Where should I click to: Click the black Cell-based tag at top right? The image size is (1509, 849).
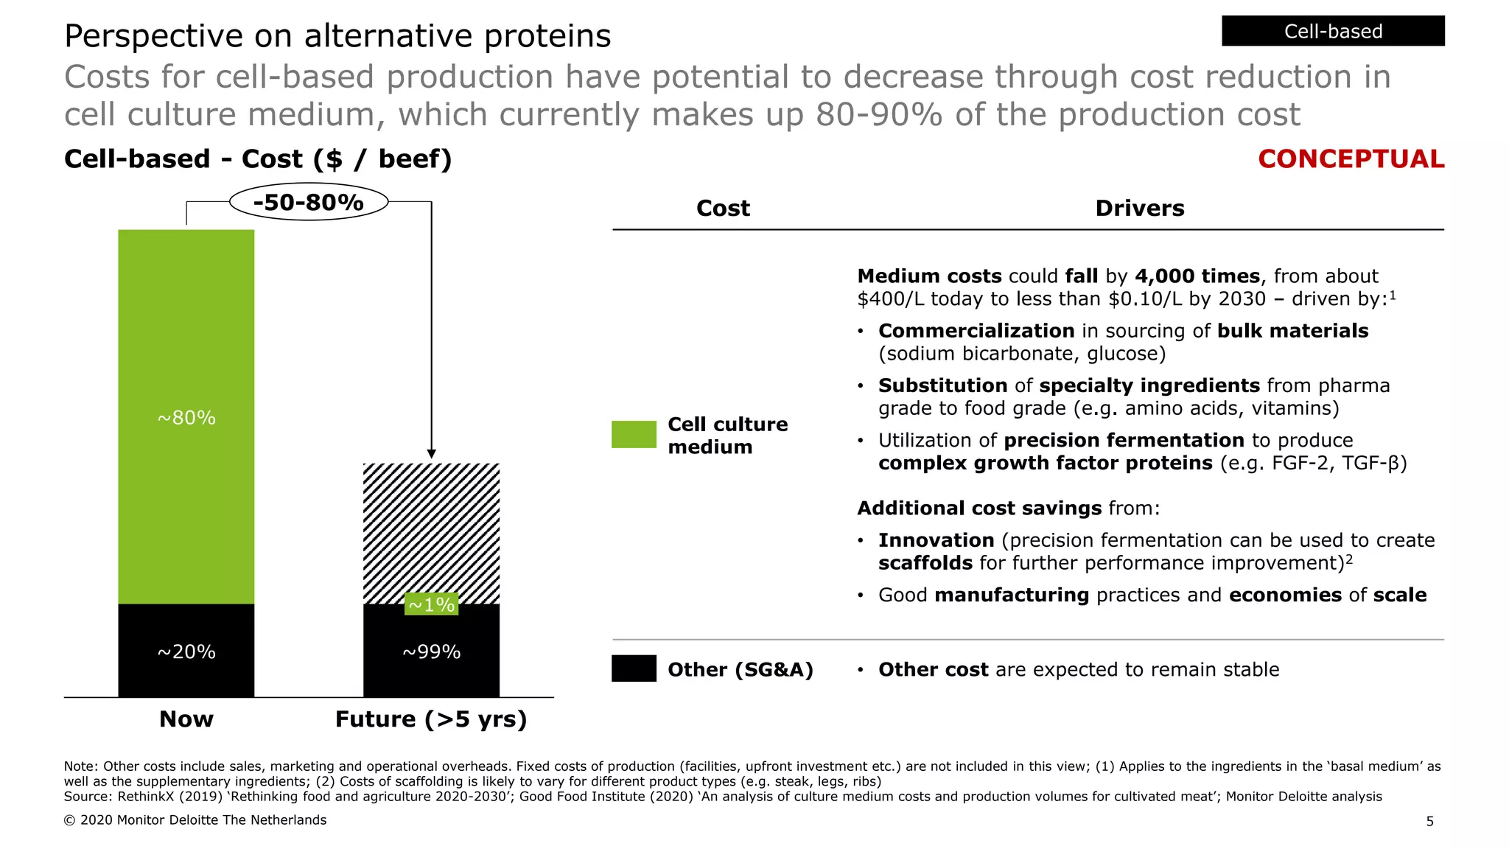pos(1332,31)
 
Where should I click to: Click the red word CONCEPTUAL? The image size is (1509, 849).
pos(1351,159)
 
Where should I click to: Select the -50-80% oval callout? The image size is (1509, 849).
pos(309,202)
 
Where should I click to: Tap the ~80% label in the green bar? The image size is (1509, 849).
pos(186,418)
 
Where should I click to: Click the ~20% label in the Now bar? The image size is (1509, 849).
pos(186,651)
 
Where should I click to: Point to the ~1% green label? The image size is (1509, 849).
pos(432,604)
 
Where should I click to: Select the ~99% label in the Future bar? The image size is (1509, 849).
pos(432,651)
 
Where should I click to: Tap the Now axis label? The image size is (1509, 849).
pos(186,719)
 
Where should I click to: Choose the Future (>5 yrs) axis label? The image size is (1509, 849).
pos(431,719)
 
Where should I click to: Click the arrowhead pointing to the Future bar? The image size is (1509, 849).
pos(432,454)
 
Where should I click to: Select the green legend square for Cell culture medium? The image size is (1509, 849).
pos(634,434)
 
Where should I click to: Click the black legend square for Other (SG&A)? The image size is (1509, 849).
pos(634,668)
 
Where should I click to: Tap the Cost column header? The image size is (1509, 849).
pos(723,209)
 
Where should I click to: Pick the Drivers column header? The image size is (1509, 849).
pos(1139,209)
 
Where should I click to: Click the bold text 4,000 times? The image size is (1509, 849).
pos(1197,276)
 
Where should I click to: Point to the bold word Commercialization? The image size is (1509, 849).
pos(976,331)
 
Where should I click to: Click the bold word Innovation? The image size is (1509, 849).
pos(936,540)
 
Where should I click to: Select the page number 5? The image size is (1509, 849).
pos(1429,821)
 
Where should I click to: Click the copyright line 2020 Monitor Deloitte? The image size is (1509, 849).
pos(195,820)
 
